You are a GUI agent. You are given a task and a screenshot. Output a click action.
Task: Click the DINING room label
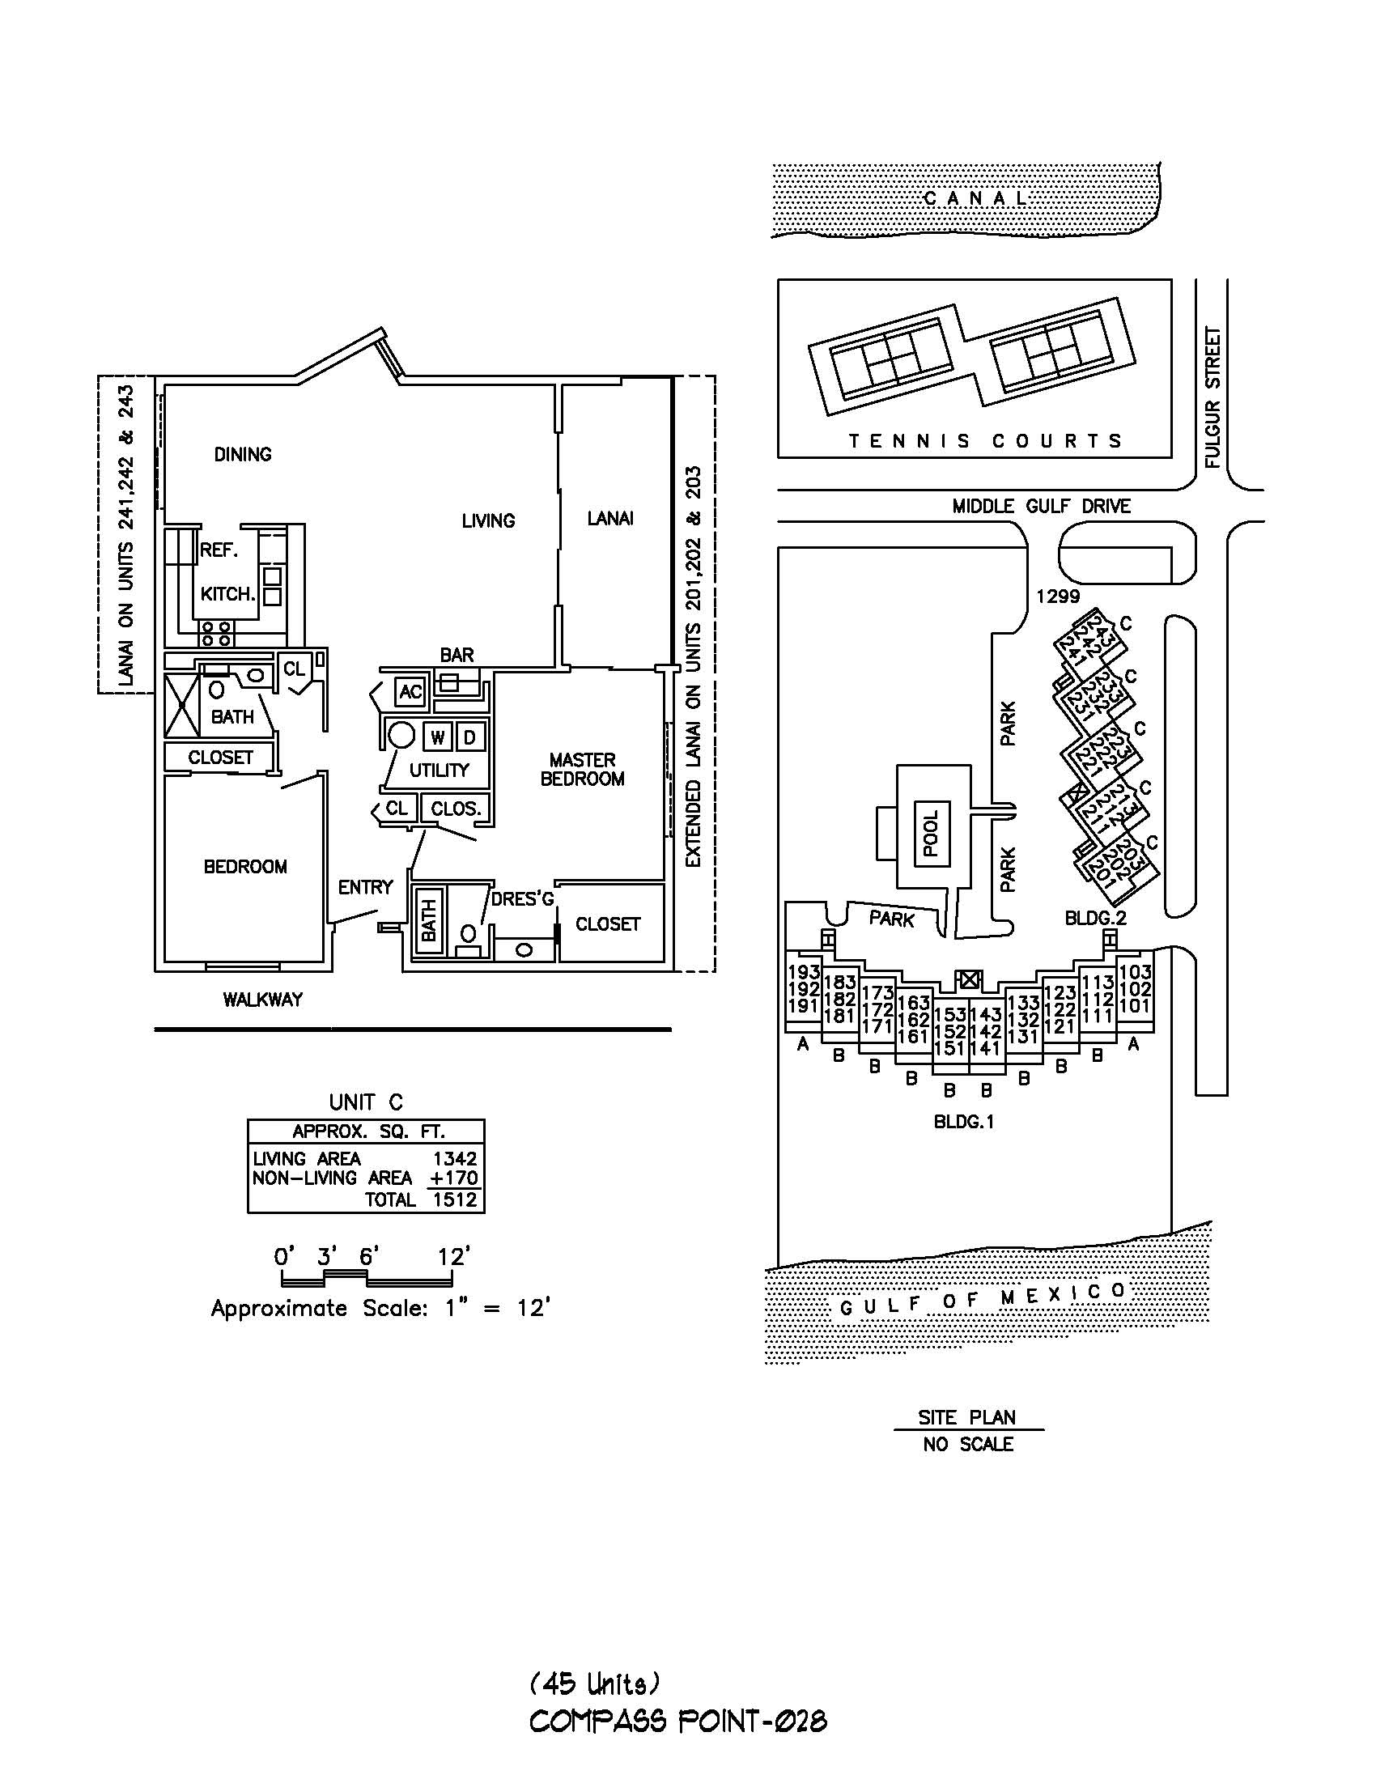[243, 455]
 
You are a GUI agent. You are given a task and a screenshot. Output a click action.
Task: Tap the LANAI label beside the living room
[610, 518]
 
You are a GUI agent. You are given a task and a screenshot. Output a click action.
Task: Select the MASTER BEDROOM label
[583, 769]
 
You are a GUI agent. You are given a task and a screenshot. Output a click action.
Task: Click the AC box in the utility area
[410, 692]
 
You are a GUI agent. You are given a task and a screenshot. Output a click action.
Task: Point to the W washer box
[437, 738]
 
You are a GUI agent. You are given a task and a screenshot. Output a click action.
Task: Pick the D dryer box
[469, 738]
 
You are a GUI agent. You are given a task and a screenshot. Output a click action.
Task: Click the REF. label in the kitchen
[219, 550]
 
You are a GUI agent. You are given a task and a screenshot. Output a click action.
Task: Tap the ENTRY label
[366, 887]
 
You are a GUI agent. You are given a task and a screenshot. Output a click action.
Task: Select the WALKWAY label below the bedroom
[262, 1000]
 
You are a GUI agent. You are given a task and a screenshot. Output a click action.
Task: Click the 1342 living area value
[455, 1158]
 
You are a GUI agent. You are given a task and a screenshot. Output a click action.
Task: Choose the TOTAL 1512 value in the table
[455, 1199]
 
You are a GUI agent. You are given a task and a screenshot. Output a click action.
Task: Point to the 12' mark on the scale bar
[455, 1257]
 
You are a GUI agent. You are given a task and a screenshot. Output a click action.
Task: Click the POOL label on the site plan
[931, 833]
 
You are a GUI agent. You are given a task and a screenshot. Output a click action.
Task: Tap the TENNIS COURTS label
[985, 441]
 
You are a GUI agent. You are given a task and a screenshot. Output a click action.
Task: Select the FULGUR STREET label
[1213, 397]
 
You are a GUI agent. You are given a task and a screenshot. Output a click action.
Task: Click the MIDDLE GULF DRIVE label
[1041, 506]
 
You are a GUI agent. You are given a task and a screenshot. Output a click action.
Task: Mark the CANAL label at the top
[976, 198]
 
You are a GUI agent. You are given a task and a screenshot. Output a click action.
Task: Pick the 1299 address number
[1057, 597]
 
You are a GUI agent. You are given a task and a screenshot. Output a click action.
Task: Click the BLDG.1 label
[964, 1122]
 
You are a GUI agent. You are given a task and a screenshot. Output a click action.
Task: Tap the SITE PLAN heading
[967, 1417]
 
